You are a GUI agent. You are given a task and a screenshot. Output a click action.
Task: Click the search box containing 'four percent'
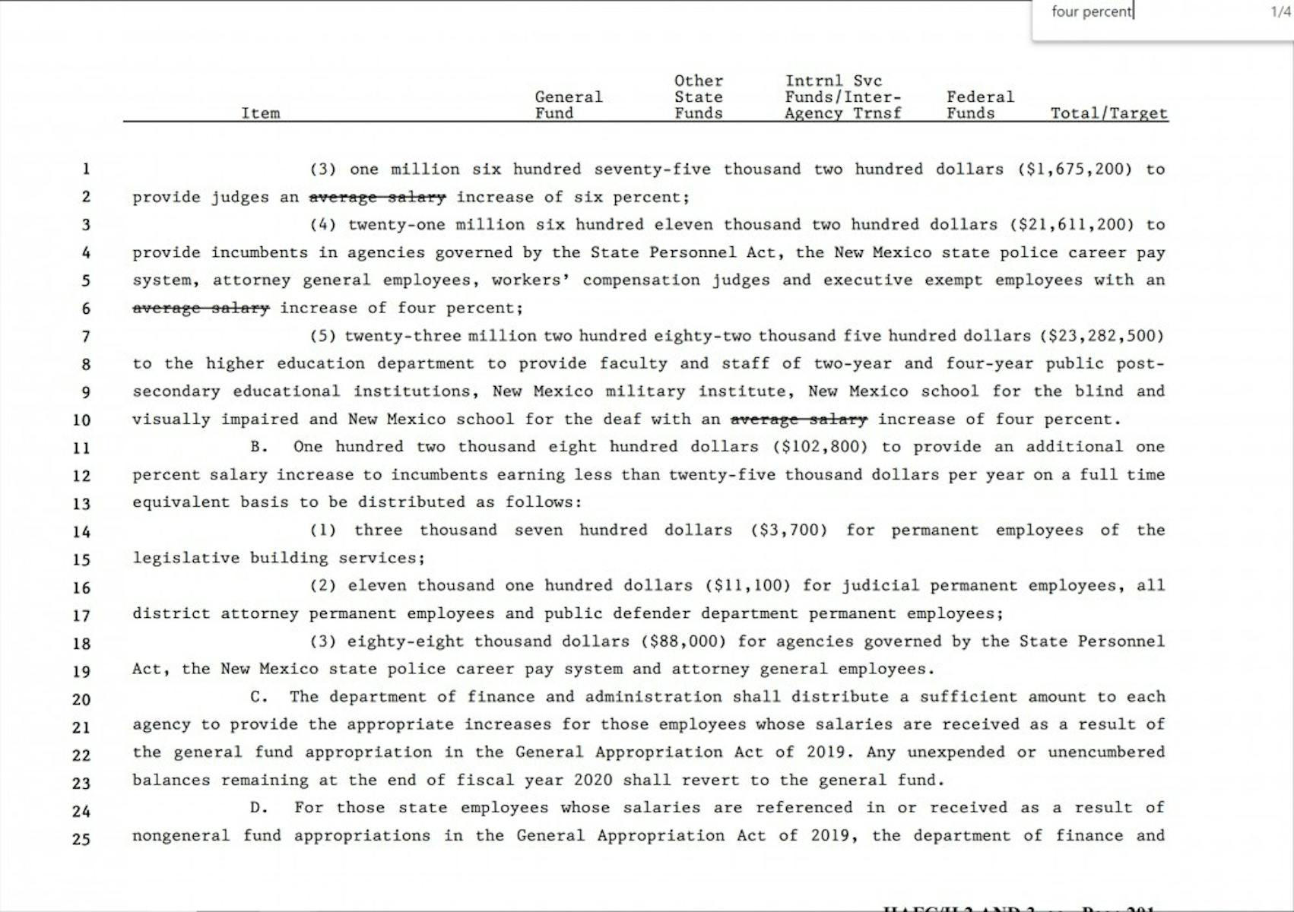click(1140, 12)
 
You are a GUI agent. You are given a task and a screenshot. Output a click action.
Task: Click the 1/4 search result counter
click(1280, 12)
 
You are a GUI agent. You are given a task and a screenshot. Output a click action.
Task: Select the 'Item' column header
click(260, 113)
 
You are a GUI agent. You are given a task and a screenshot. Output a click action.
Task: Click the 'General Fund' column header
click(568, 105)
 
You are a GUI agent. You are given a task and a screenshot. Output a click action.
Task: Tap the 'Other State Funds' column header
click(698, 97)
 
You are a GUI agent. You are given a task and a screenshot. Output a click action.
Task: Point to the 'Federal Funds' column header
click(979, 105)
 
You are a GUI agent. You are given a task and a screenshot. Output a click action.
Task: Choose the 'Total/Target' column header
click(1108, 113)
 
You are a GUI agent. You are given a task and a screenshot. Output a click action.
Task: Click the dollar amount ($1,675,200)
click(1075, 169)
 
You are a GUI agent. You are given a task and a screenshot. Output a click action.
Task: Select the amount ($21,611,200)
click(1071, 224)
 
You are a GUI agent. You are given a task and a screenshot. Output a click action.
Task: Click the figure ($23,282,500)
click(1102, 335)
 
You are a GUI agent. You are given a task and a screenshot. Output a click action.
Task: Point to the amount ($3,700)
click(788, 530)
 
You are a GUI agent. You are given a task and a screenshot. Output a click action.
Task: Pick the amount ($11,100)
click(748, 585)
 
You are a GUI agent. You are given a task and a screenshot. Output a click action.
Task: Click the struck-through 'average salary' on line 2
click(377, 197)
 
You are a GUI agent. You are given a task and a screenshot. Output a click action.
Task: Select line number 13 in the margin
click(81, 503)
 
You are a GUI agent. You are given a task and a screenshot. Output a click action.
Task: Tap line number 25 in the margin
click(81, 839)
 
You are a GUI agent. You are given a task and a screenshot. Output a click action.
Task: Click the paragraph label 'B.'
click(259, 447)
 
